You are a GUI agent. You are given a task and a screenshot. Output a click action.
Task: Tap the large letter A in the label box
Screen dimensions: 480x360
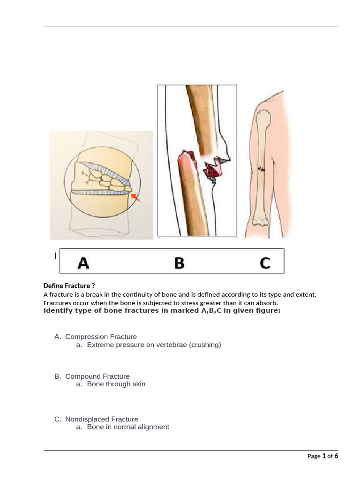coord(83,263)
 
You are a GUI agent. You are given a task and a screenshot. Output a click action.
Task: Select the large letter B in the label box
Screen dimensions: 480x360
coord(179,263)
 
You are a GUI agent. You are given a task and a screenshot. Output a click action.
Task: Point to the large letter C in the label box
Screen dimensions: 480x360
coord(265,263)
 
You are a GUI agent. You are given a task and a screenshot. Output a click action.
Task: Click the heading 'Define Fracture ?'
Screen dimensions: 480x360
coord(69,285)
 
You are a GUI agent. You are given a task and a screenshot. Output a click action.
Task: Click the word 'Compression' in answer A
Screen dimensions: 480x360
coord(85,337)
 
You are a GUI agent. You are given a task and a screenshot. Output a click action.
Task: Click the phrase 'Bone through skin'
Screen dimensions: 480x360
coord(116,384)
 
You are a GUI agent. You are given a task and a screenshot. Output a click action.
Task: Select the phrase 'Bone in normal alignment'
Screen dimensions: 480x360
coord(128,427)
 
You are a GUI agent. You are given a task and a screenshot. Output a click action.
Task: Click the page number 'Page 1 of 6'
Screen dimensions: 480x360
coord(322,456)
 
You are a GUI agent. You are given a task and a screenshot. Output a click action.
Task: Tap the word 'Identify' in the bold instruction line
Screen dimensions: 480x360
coord(57,311)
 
